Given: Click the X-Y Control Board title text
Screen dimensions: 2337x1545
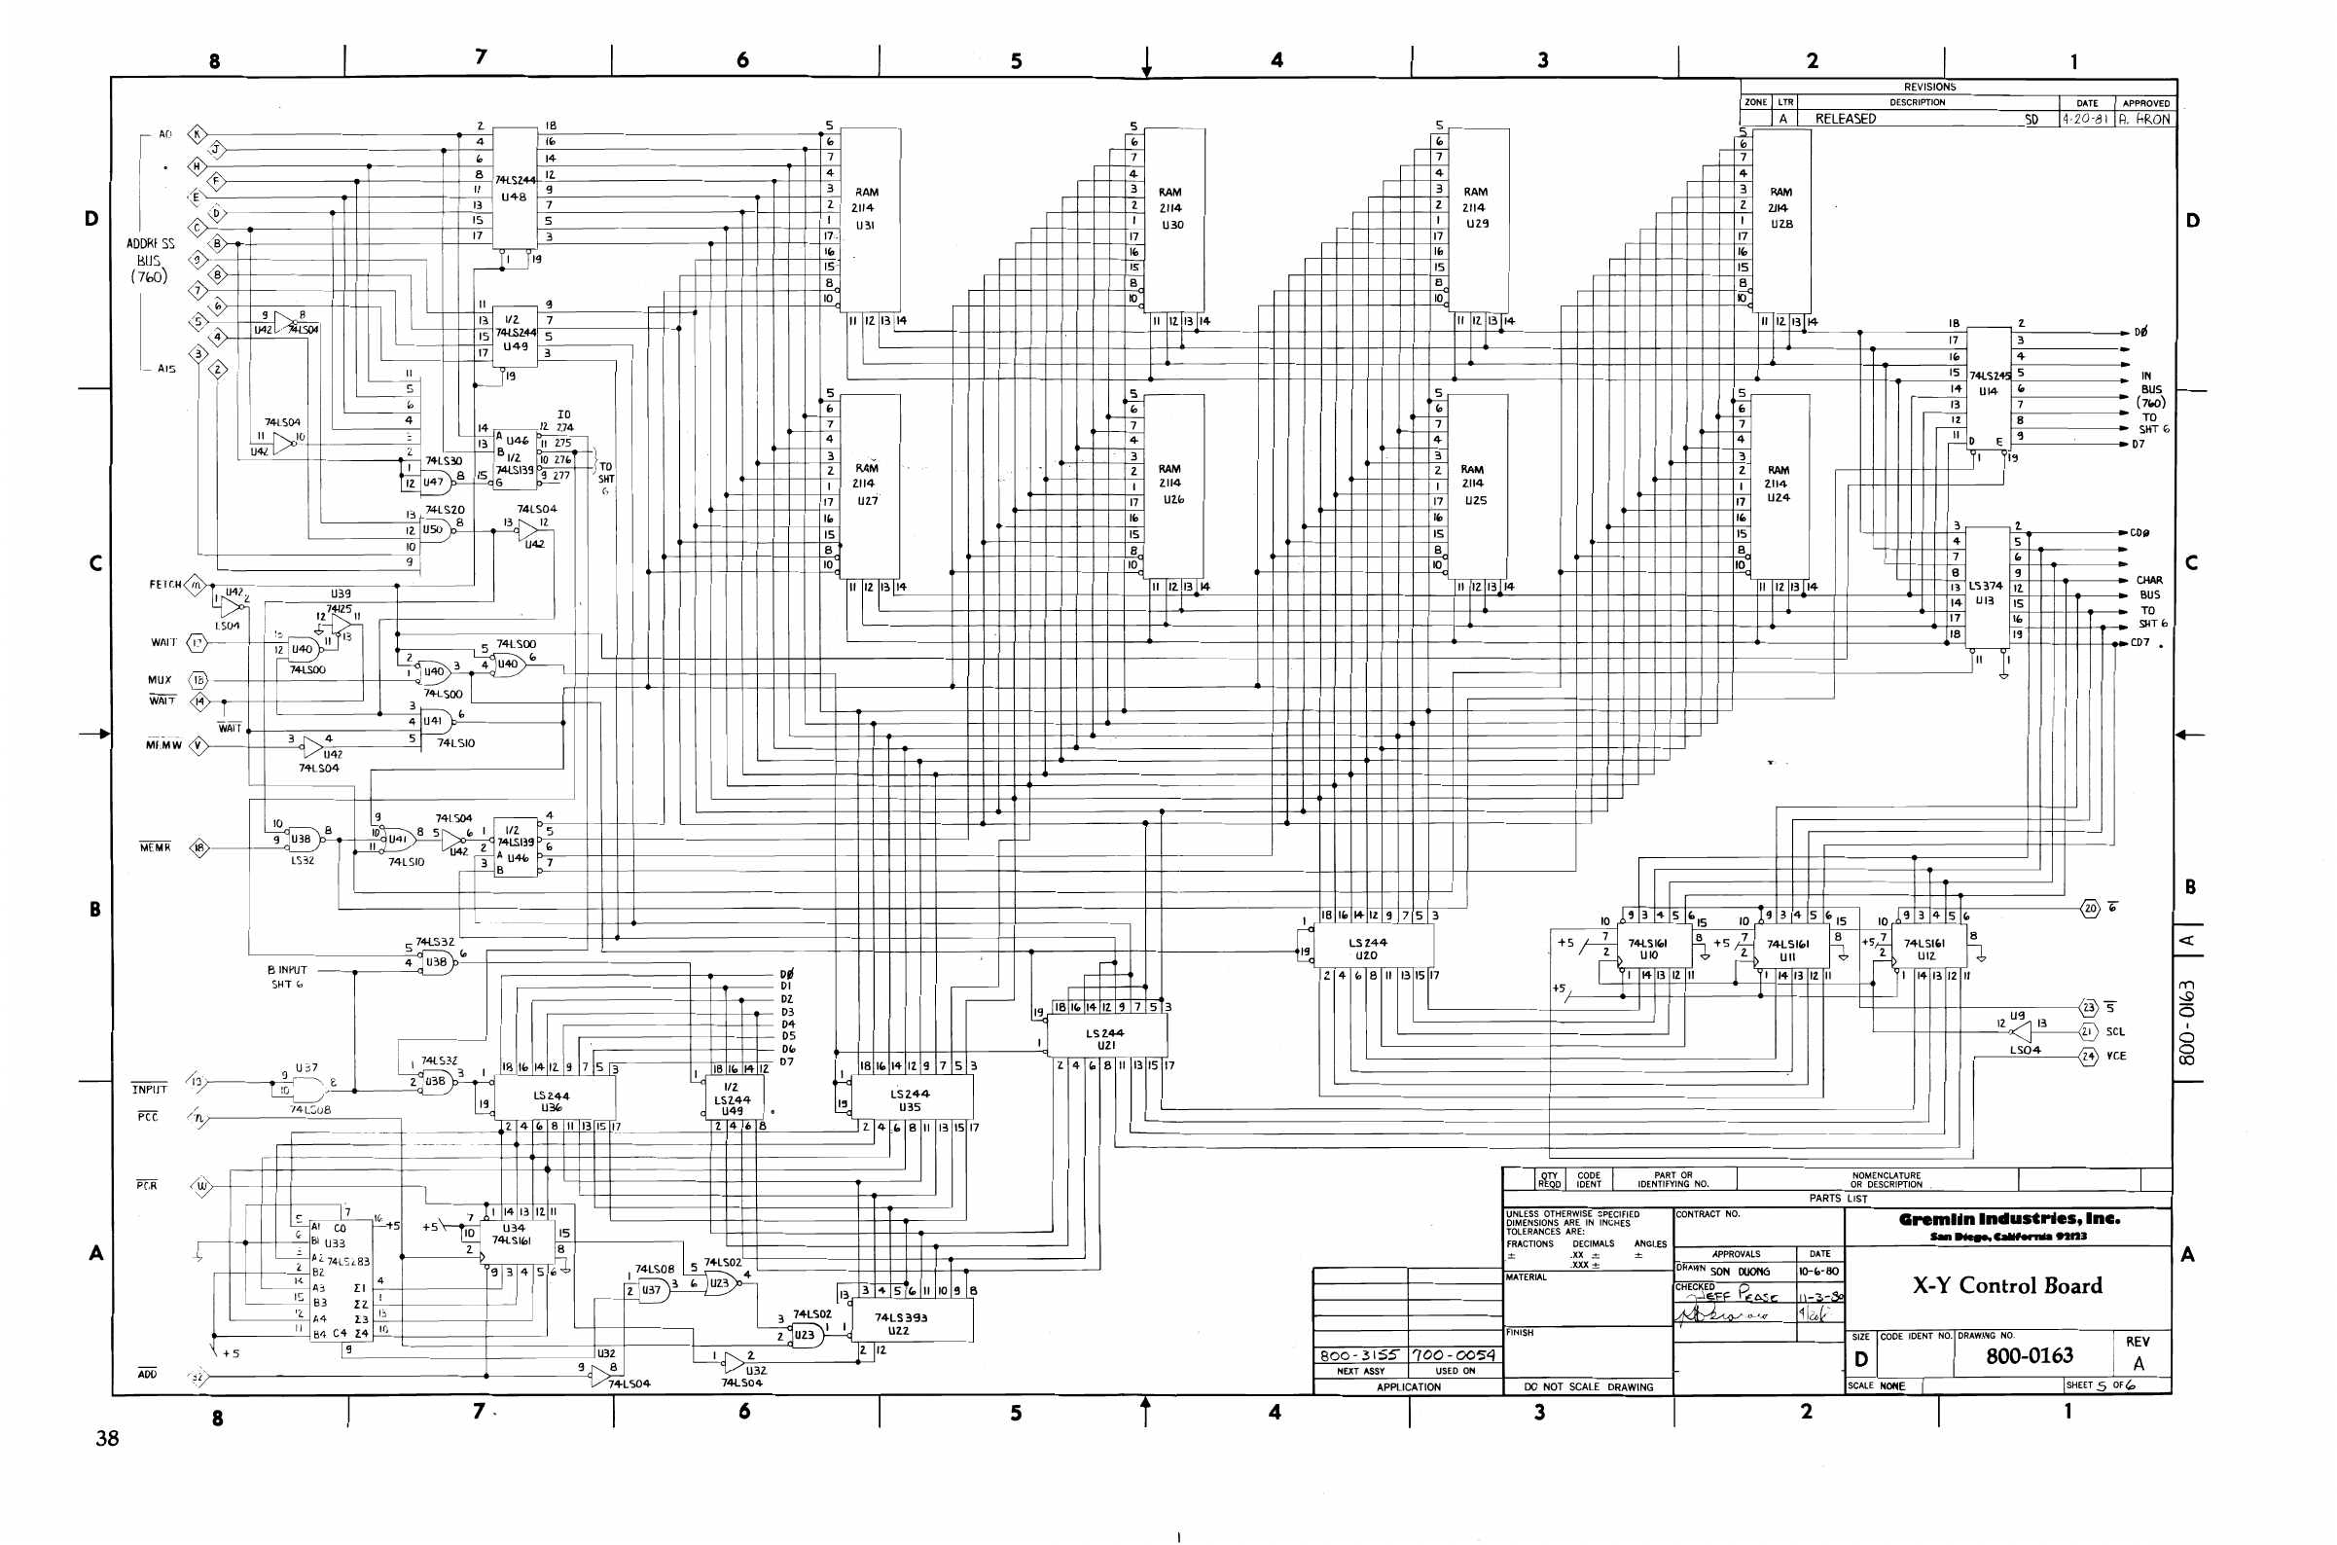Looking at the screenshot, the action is tap(2007, 1285).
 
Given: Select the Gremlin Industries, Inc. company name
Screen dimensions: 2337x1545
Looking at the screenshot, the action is tap(2009, 1219).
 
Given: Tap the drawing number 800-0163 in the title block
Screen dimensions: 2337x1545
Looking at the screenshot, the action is tap(2029, 1356).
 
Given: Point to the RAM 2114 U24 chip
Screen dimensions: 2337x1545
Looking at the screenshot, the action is tap(1780, 485).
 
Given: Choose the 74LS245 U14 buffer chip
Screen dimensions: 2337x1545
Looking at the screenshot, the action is tap(1989, 384).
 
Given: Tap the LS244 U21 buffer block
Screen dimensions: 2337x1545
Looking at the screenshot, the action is tap(1105, 1037).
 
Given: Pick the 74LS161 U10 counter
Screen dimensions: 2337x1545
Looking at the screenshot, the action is tap(1650, 948).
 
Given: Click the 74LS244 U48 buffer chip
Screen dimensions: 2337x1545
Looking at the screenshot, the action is tap(515, 188).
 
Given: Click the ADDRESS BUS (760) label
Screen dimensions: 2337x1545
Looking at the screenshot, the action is tap(151, 260).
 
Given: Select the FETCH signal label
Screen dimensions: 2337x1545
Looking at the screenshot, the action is tap(164, 586).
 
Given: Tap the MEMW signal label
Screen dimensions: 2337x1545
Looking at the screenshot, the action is tap(163, 746).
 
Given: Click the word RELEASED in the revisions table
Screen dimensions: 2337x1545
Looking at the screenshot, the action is tap(1846, 120).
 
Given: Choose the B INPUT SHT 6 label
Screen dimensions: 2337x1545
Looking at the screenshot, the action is tap(288, 977).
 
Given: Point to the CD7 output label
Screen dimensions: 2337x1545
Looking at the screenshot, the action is tap(2139, 643).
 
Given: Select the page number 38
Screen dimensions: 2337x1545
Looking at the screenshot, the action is tap(107, 1439).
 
